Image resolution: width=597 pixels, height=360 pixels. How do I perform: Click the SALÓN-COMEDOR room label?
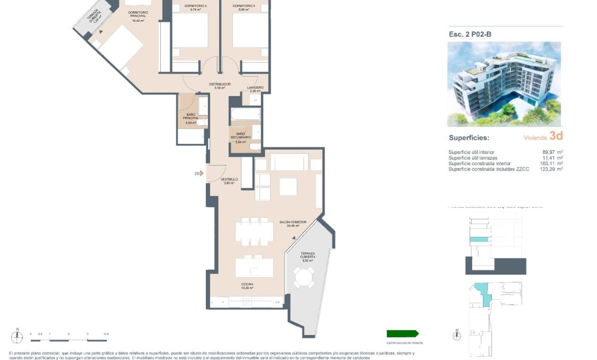click(289, 223)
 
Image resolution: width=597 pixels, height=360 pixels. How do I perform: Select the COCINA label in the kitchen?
click(247, 285)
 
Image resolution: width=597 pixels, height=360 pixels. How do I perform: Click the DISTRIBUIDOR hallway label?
click(219, 85)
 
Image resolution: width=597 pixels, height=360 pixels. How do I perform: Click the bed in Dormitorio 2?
click(189, 35)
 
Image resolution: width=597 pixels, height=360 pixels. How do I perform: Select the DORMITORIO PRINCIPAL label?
click(138, 15)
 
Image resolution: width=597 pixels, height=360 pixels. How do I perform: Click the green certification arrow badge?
click(402, 333)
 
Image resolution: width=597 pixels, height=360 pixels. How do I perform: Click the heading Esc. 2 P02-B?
click(470, 35)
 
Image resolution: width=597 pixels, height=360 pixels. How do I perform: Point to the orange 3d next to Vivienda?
click(556, 136)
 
